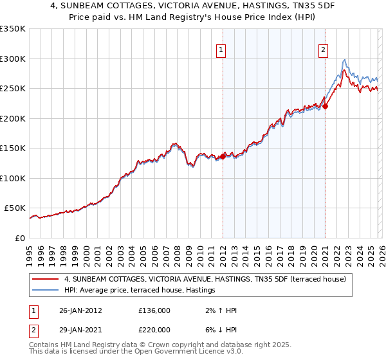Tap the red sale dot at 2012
tap(223, 156)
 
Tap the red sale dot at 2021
tap(326, 106)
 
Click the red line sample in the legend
tap(46, 279)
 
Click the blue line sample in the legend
tap(46, 291)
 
